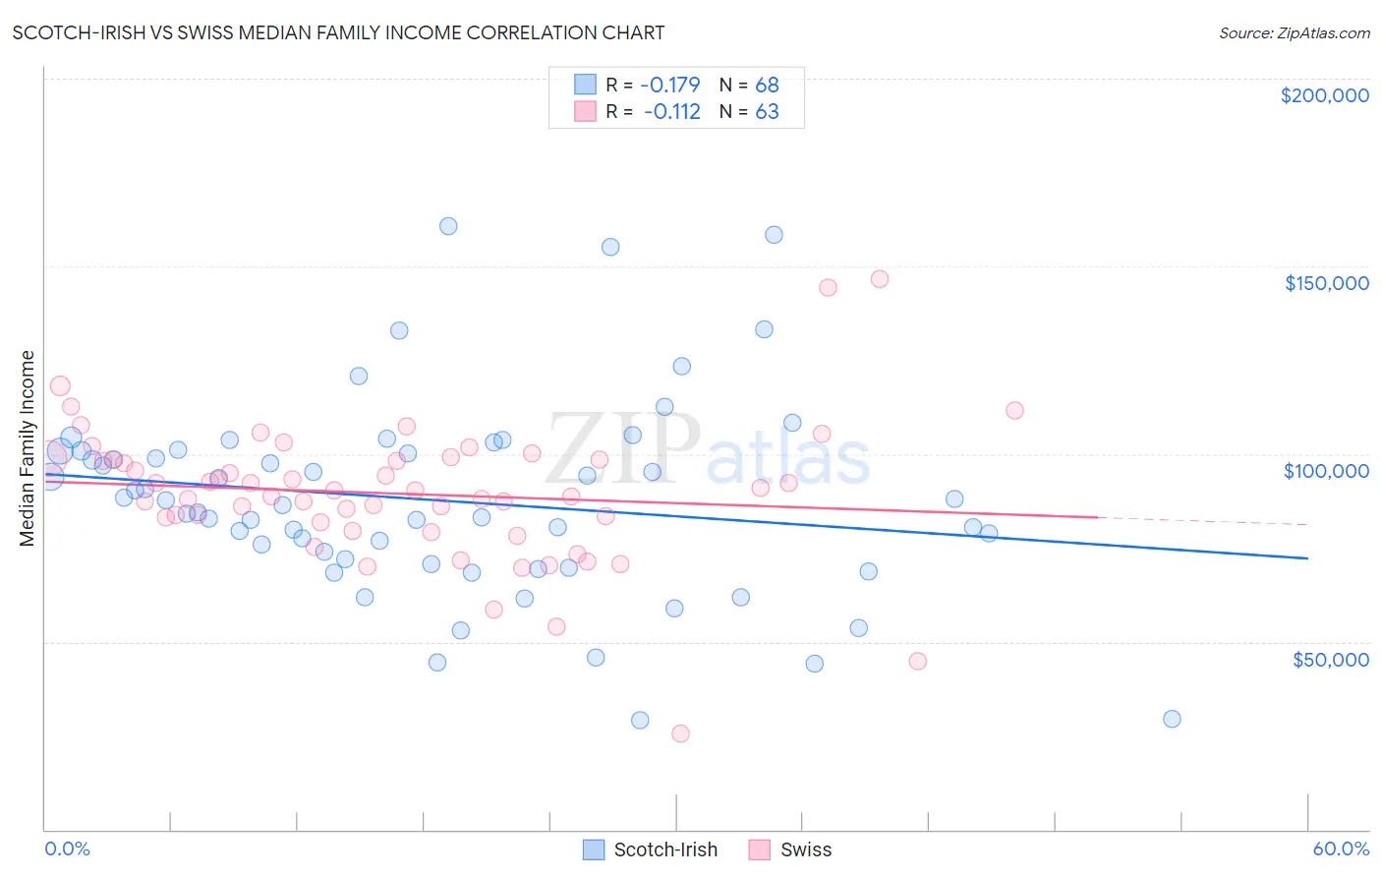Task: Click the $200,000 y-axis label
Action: pyautogui.click(x=1324, y=95)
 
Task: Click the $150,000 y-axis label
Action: pyautogui.click(x=1326, y=283)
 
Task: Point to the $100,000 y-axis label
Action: pyautogui.click(x=1326, y=471)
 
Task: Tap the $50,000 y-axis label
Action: pyautogui.click(x=1330, y=660)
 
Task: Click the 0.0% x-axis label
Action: pyautogui.click(x=67, y=848)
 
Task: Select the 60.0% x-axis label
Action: pyautogui.click(x=1340, y=848)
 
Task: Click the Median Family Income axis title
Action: pyautogui.click(x=28, y=448)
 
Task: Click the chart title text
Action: pyautogui.click(x=338, y=32)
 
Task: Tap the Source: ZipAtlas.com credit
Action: pyautogui.click(x=1294, y=32)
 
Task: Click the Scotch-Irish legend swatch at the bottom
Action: pyautogui.click(x=594, y=849)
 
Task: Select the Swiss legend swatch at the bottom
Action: pyautogui.click(x=759, y=849)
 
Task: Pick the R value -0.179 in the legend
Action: pyautogui.click(x=669, y=85)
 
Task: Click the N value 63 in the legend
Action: pyautogui.click(x=767, y=111)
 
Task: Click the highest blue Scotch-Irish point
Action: pyautogui.click(x=448, y=226)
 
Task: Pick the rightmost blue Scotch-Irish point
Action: pyautogui.click(x=1172, y=719)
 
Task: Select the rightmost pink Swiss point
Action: pyautogui.click(x=1014, y=410)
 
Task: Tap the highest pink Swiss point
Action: pyautogui.click(x=880, y=279)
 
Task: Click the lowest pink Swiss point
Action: pyautogui.click(x=680, y=733)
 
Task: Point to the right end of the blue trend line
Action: pyautogui.click(x=1307, y=558)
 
